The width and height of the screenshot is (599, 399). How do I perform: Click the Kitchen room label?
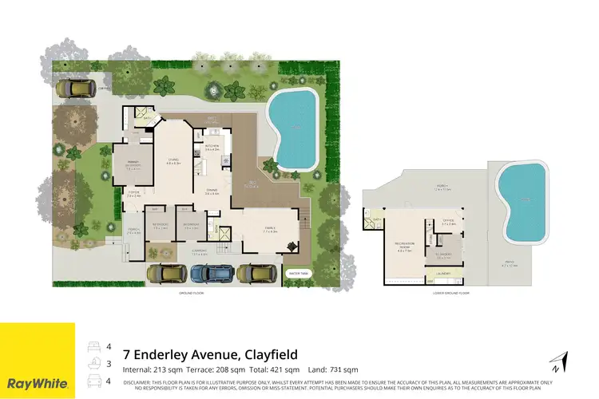pyautogui.click(x=212, y=148)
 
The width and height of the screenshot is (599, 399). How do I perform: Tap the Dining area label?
pyautogui.click(x=212, y=192)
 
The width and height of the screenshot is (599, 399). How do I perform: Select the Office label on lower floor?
pyautogui.click(x=449, y=222)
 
